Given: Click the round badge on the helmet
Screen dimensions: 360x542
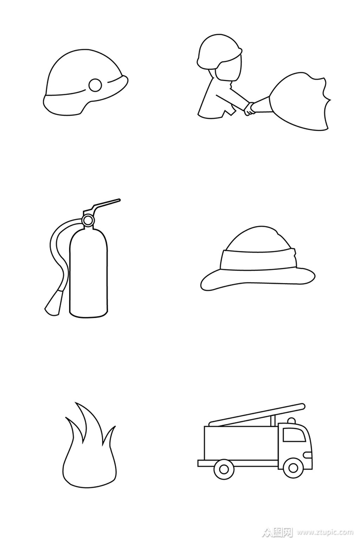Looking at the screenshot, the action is [x=95, y=85].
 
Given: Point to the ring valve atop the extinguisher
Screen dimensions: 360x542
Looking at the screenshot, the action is [x=87, y=220].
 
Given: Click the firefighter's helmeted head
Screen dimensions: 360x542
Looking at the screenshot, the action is [x=219, y=57].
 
